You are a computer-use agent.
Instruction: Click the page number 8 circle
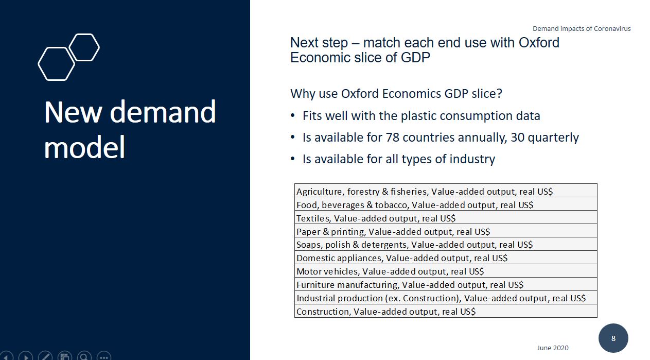[613, 338]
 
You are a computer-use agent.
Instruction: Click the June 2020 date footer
[553, 348]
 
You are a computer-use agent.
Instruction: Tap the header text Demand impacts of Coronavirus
[582, 28]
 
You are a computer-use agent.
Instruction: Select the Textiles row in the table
[446, 217]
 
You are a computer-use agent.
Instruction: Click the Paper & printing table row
[446, 231]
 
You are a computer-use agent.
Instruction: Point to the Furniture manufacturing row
[446, 284]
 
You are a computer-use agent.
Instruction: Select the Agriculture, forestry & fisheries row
[446, 191]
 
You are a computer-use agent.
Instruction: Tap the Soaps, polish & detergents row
[446, 244]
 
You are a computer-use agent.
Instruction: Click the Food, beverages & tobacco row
[446, 204]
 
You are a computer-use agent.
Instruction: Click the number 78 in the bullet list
[392, 138]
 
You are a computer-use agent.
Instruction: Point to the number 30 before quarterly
[517, 138]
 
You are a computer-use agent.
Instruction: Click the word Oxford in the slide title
[539, 43]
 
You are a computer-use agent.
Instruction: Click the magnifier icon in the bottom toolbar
[84, 356]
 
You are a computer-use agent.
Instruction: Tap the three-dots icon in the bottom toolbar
[104, 356]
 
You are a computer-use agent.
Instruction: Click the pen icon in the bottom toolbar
[45, 356]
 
